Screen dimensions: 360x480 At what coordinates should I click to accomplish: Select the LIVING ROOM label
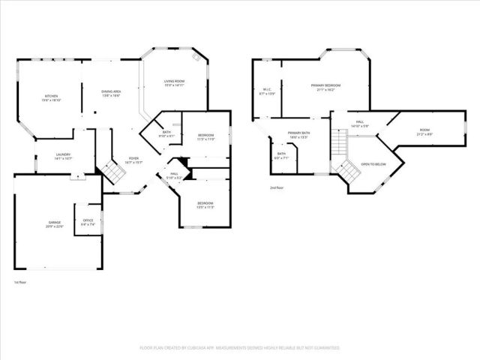pos(174,82)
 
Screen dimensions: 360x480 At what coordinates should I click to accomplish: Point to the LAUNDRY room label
pos(63,156)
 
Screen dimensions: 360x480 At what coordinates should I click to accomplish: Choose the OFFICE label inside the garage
pos(88,222)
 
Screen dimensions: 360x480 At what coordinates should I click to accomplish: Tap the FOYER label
pos(133,159)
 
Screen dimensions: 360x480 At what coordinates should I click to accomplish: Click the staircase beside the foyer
pos(113,174)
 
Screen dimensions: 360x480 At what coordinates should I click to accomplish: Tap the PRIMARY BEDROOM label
pos(326,87)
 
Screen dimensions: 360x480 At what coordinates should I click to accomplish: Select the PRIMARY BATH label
pos(298,136)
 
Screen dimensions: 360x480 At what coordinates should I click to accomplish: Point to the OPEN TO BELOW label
pos(373,163)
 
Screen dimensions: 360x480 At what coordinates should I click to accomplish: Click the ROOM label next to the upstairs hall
pos(424,131)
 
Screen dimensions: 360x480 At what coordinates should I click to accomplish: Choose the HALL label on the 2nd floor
pos(360,123)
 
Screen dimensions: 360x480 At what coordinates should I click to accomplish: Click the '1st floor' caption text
pos(20,283)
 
